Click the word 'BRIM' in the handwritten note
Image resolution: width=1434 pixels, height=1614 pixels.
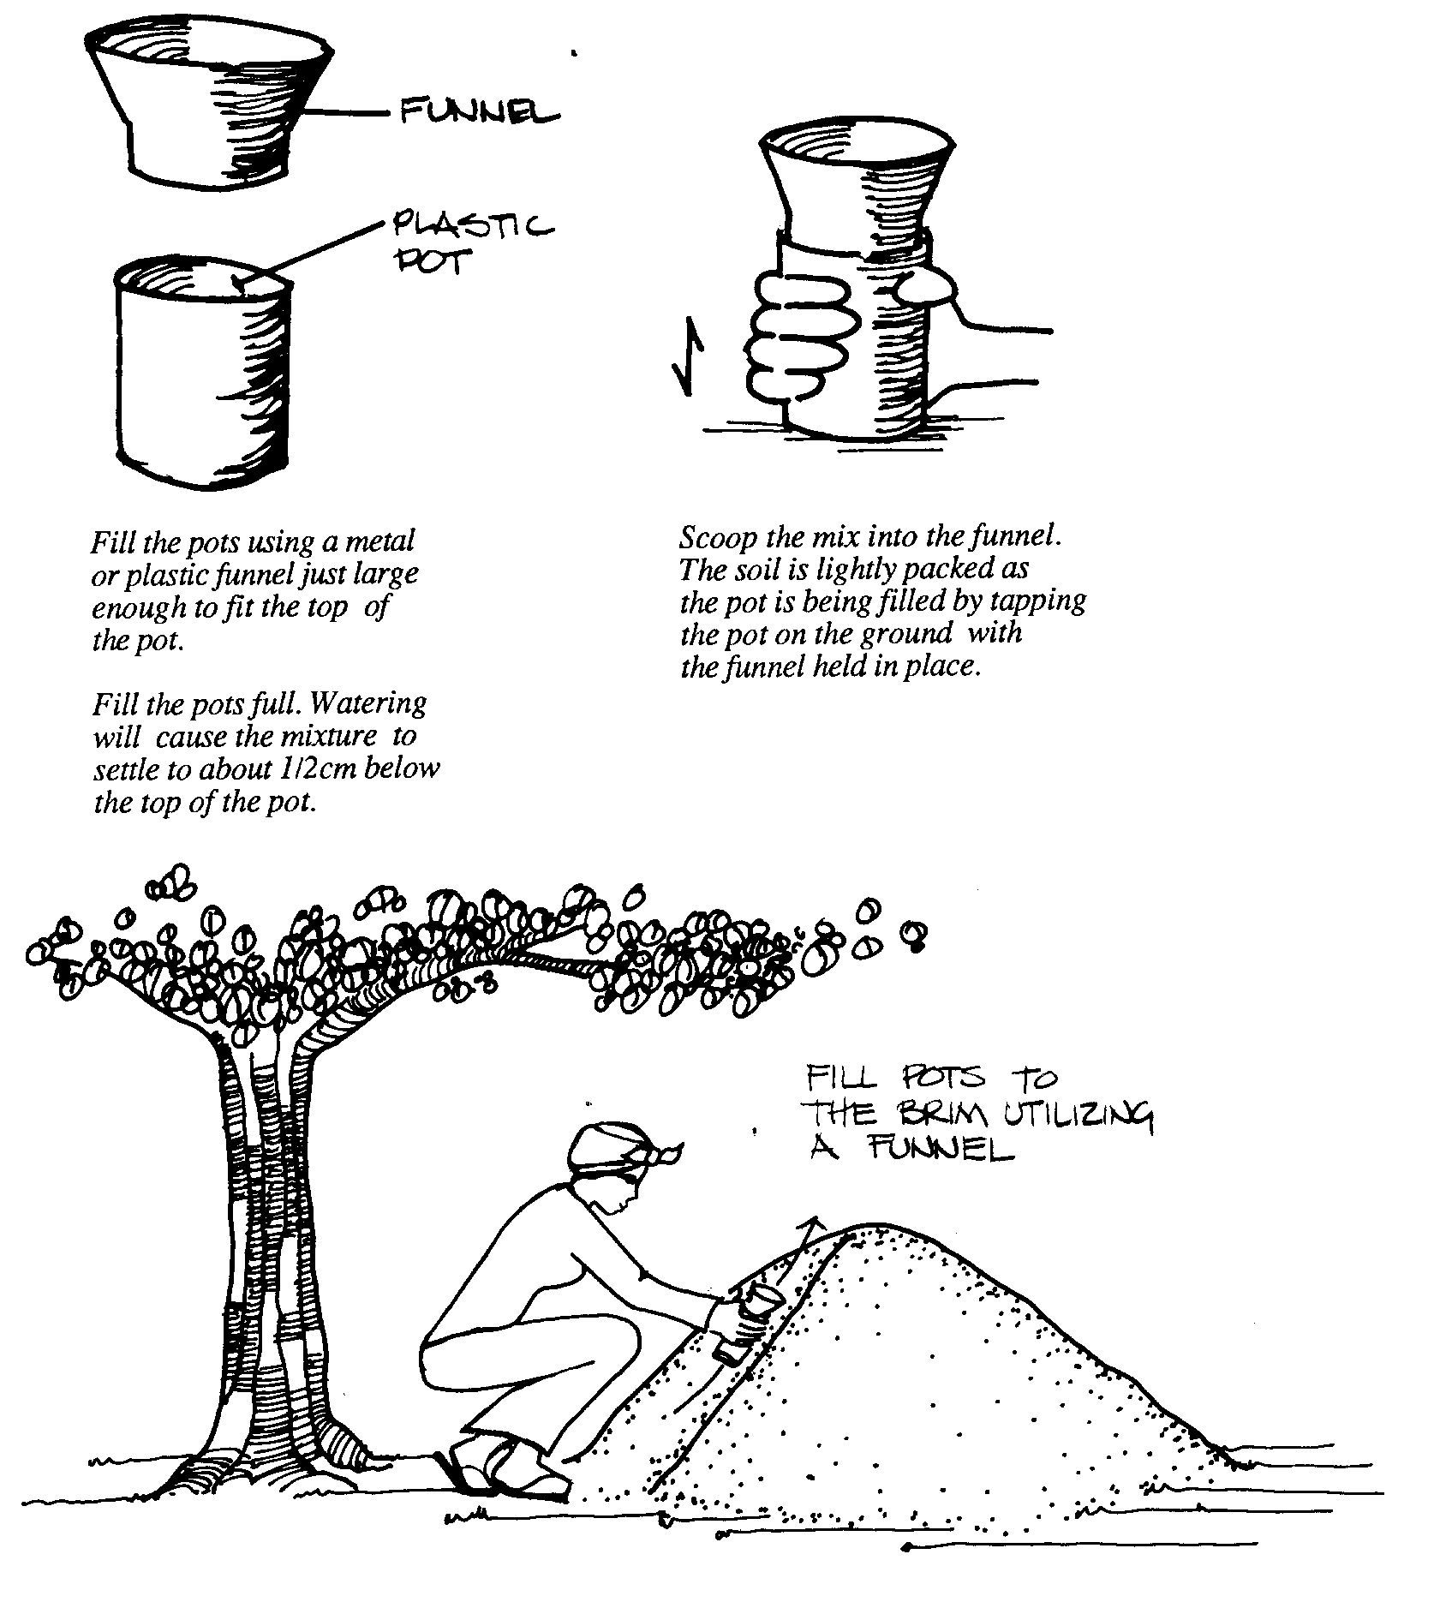949,1114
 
